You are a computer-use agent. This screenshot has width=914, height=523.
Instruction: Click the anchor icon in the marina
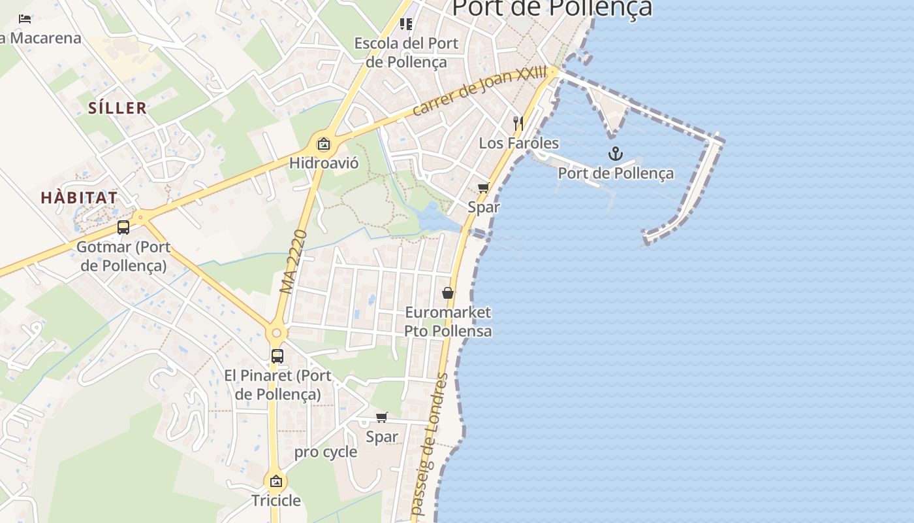pyautogui.click(x=615, y=154)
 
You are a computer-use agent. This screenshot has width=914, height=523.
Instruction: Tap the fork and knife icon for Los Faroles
pyautogui.click(x=518, y=123)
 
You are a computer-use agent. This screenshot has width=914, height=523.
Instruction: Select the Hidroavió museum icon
pyautogui.click(x=323, y=144)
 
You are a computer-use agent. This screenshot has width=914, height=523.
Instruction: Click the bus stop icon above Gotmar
pyautogui.click(x=123, y=228)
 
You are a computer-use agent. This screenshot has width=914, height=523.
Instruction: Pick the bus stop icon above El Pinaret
pyautogui.click(x=277, y=356)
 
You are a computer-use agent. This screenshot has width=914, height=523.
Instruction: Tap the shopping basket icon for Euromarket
pyautogui.click(x=448, y=293)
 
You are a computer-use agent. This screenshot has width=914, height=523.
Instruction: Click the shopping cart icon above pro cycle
pyautogui.click(x=382, y=417)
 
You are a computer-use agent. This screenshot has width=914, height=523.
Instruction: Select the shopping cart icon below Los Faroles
pyautogui.click(x=484, y=188)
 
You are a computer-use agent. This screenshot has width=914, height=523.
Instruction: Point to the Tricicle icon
pyautogui.click(x=276, y=482)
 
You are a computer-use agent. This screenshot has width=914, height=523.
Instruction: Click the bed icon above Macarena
pyautogui.click(x=25, y=19)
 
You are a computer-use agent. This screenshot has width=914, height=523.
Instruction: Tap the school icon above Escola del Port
pyautogui.click(x=406, y=24)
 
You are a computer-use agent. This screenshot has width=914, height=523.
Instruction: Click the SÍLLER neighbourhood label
pyautogui.click(x=118, y=109)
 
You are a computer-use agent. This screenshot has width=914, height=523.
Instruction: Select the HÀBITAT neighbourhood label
pyautogui.click(x=79, y=197)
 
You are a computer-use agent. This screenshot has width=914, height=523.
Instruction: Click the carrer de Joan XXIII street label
pyautogui.click(x=480, y=91)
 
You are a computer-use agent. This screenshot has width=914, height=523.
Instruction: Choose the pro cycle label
pyautogui.click(x=325, y=452)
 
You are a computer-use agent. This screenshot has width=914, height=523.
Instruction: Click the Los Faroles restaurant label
pyautogui.click(x=519, y=143)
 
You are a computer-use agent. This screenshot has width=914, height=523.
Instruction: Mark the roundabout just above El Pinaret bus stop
pyautogui.click(x=277, y=333)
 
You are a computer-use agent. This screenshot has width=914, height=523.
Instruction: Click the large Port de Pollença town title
pyautogui.click(x=552, y=8)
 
